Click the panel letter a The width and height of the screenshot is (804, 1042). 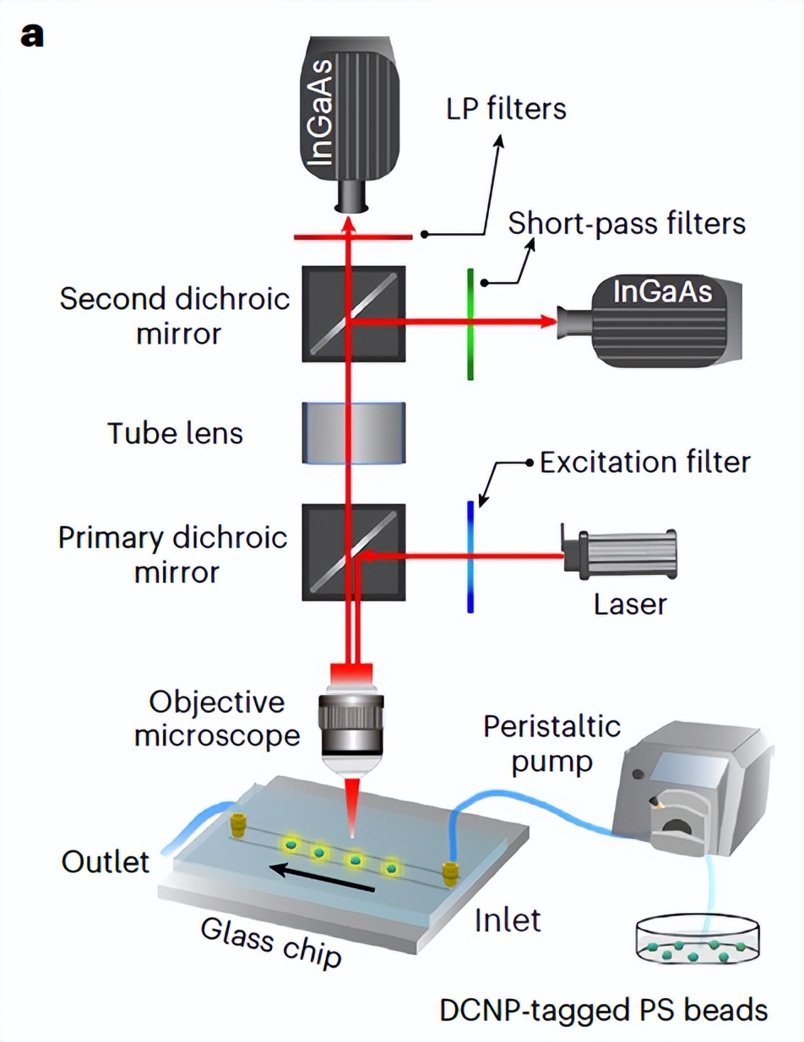pos(32,37)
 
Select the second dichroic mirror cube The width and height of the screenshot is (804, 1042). pos(353,313)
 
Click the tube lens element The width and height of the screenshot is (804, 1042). pos(353,433)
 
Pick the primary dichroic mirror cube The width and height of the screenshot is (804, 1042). pos(353,551)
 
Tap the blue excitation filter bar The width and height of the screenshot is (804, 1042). pos(470,555)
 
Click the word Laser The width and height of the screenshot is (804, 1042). pos(629,605)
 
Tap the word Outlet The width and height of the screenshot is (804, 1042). pos(105,862)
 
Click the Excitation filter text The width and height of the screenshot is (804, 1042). pos(644,462)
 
